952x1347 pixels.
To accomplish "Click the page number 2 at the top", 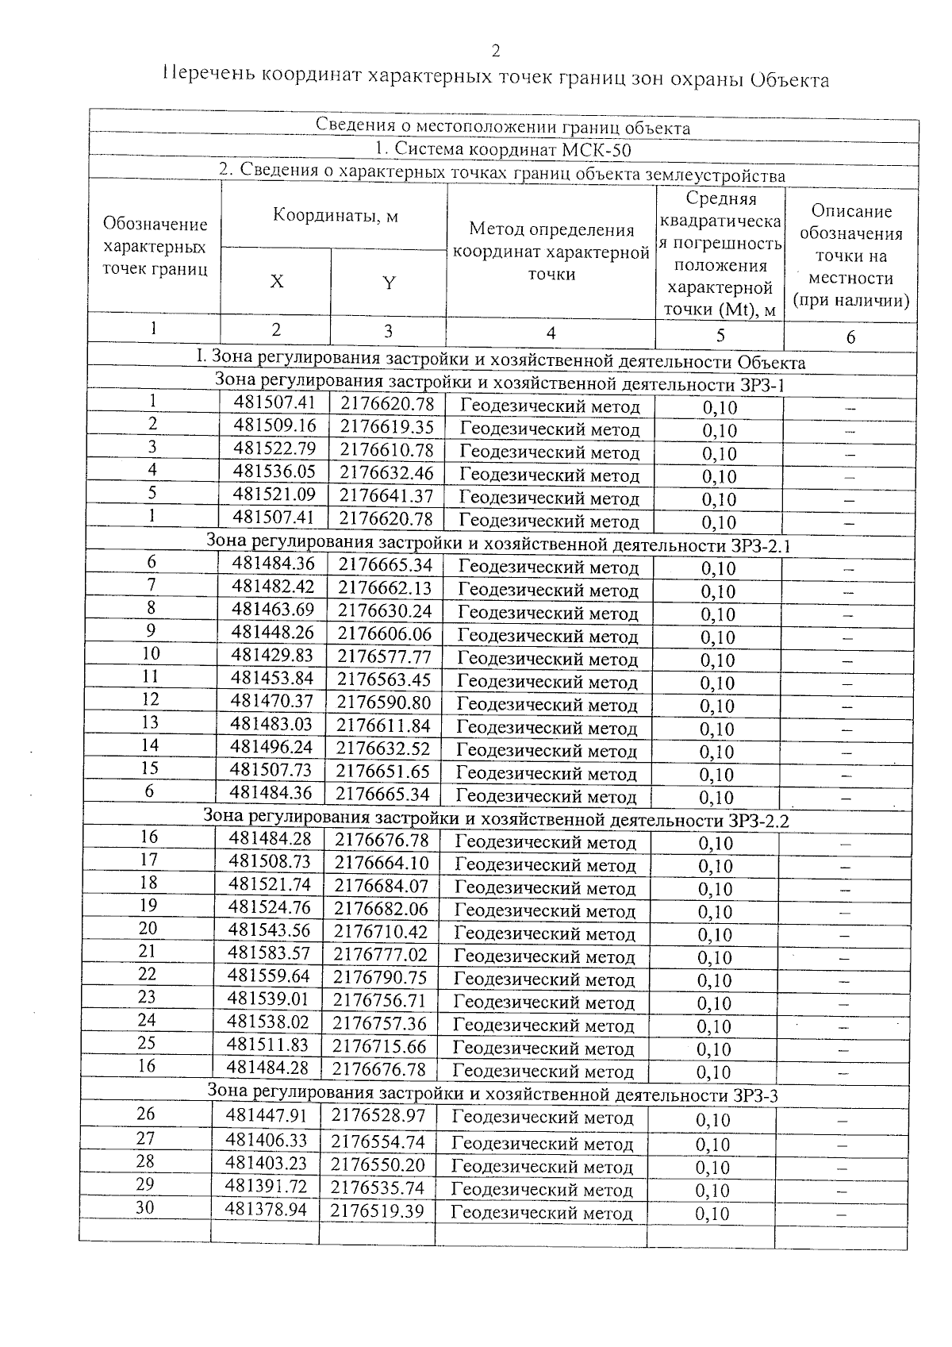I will click(496, 52).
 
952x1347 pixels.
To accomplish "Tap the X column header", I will click(276, 282).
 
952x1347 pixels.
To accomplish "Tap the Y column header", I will click(389, 283).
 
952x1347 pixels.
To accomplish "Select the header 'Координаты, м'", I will click(335, 215).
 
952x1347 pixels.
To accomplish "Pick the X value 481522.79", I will click(274, 449).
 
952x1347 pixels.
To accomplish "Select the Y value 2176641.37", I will click(386, 495).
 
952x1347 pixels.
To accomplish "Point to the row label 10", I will click(151, 653).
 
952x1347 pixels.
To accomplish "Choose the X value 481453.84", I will click(272, 678).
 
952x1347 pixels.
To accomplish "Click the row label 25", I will click(148, 1043).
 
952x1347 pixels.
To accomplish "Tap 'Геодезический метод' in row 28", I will click(543, 1168).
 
